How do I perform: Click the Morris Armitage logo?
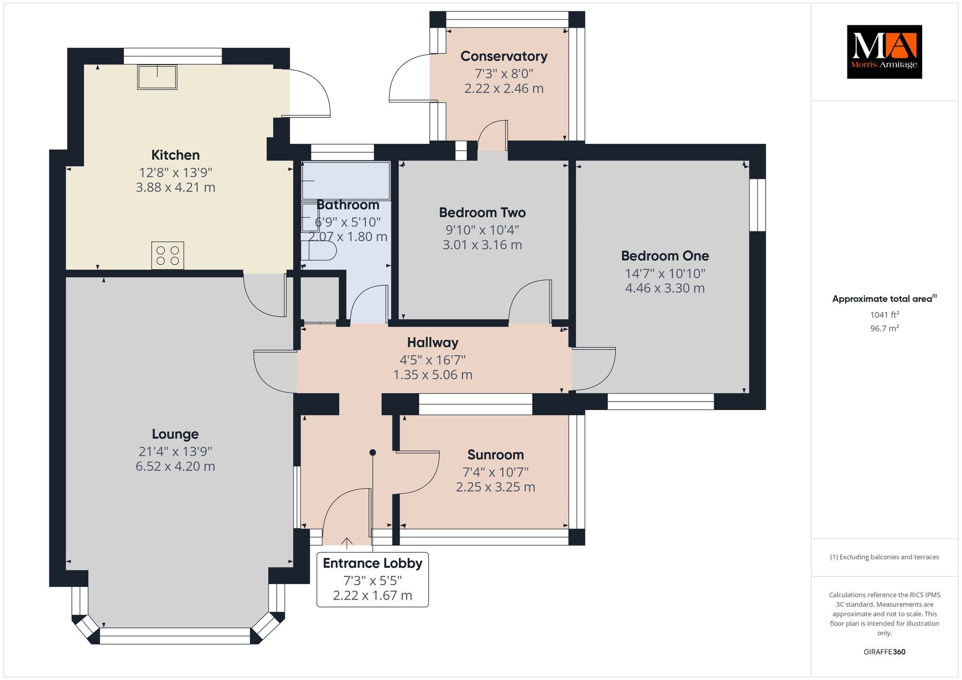click(884, 52)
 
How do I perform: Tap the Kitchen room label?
click(175, 155)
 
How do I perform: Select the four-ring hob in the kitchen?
click(168, 255)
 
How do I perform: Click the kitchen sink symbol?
click(157, 77)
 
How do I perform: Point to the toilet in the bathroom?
click(319, 251)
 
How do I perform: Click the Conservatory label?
click(504, 56)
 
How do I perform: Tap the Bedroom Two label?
click(482, 213)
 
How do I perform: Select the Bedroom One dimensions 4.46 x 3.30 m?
click(665, 288)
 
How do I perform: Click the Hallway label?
click(433, 343)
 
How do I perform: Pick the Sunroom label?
click(496, 455)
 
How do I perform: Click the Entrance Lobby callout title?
click(372, 563)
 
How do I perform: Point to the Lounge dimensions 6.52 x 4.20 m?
click(175, 466)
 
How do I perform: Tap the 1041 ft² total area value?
click(884, 315)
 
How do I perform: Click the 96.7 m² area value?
click(884, 328)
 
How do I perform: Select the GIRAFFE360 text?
click(884, 652)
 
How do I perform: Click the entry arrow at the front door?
click(347, 543)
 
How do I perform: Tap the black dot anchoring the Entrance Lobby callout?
click(372, 453)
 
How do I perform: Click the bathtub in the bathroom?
click(346, 181)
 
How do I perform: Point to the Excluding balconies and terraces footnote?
click(884, 557)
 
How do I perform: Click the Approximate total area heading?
click(884, 299)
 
